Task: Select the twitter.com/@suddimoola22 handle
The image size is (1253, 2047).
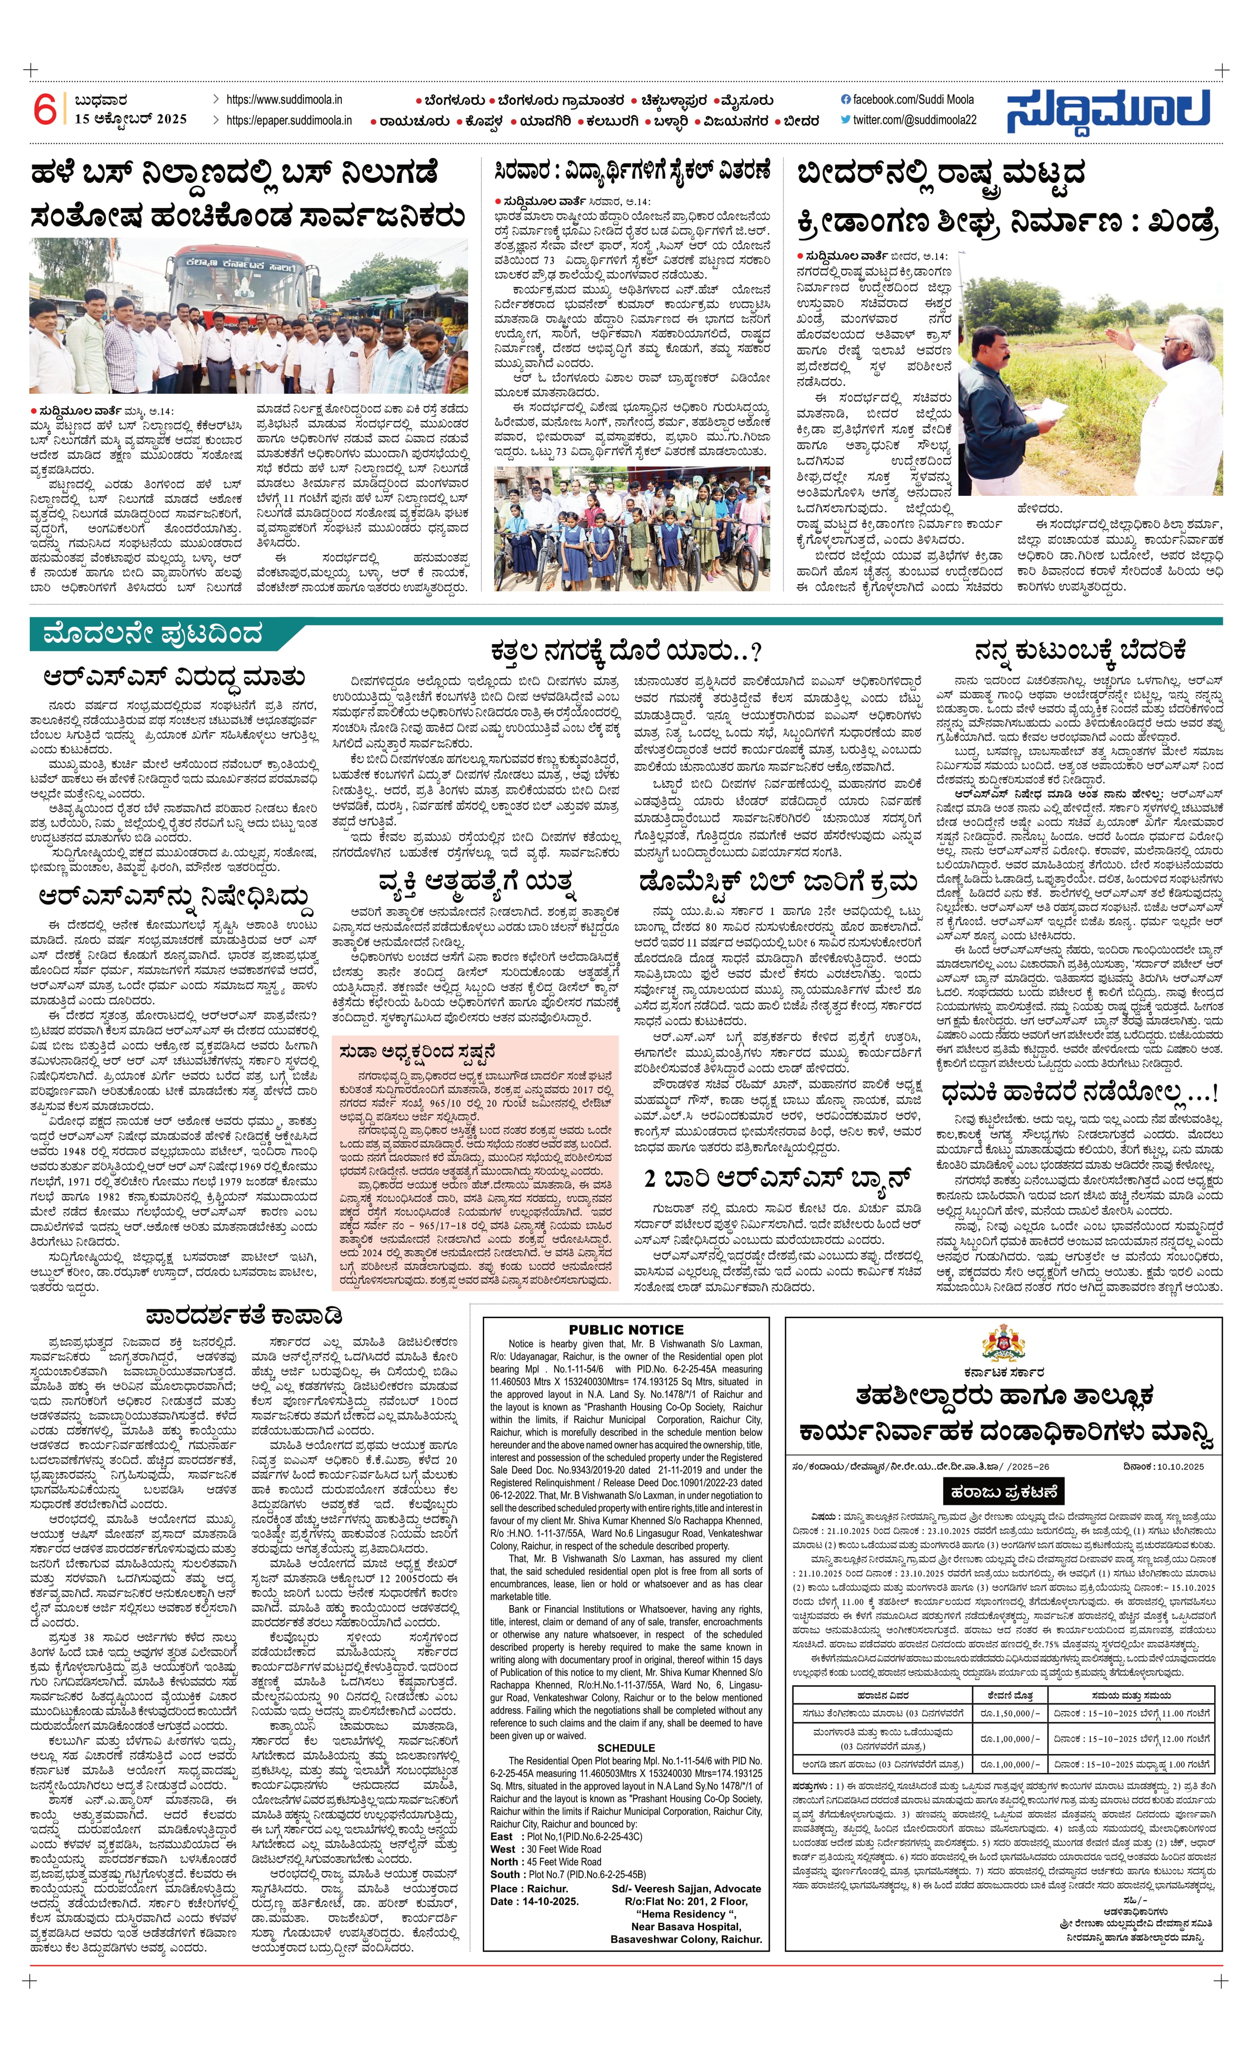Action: [908, 120]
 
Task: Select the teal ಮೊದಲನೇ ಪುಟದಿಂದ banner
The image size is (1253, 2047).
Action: [154, 635]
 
